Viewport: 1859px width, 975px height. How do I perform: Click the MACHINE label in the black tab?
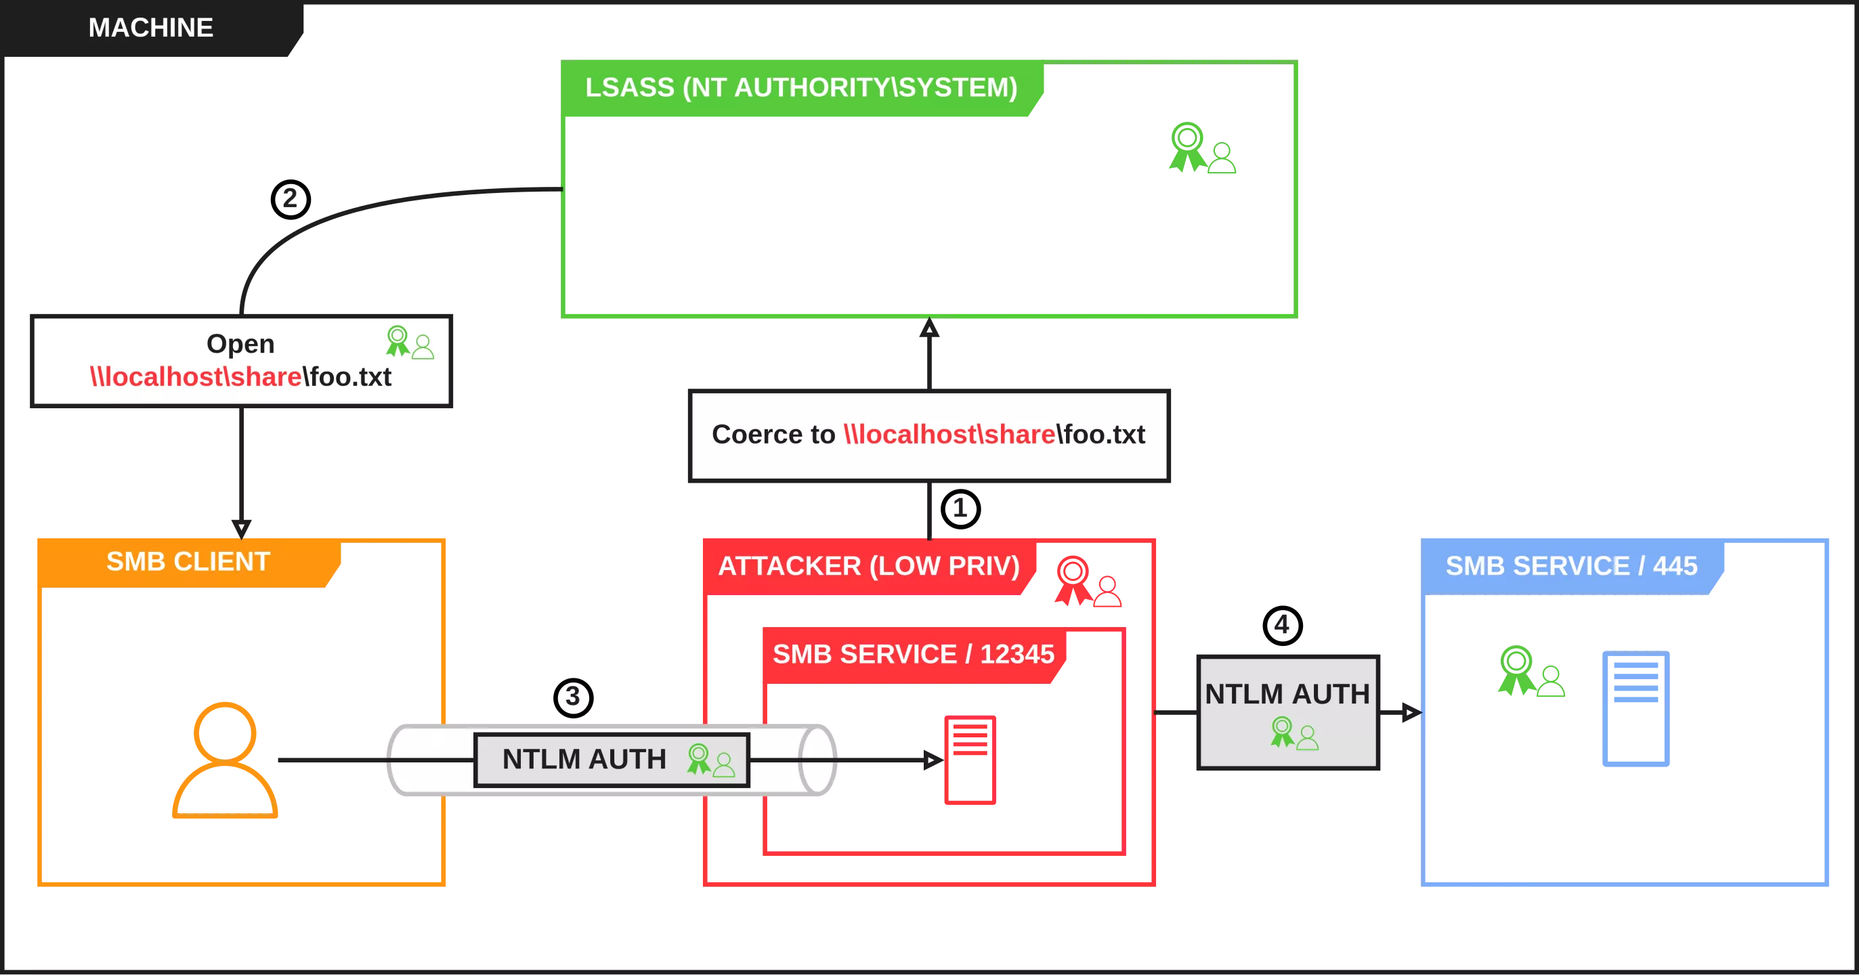[x=150, y=28]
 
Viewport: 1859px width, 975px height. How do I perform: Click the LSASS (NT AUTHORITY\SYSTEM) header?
[x=800, y=88]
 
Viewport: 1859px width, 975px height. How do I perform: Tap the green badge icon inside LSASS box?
[x=1201, y=149]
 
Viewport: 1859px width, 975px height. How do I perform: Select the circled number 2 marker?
[x=289, y=199]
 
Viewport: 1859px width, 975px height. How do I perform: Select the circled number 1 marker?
[x=960, y=508]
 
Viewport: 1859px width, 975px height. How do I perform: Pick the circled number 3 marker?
[x=573, y=697]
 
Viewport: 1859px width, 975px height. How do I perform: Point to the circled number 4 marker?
[x=1283, y=624]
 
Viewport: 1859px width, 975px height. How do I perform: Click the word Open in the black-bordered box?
[x=240, y=343]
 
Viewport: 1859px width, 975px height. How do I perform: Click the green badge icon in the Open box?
[x=409, y=342]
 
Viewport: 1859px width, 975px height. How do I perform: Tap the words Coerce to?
[x=773, y=435]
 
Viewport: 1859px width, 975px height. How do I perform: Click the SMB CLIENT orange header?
[x=188, y=562]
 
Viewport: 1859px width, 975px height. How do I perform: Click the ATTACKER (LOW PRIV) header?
[x=868, y=567]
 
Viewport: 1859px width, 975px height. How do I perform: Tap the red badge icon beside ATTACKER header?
[x=1087, y=581]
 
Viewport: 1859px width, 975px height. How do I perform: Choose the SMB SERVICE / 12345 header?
[x=913, y=655]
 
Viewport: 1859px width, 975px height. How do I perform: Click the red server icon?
[x=969, y=760]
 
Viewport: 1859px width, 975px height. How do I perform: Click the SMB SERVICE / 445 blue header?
[x=1571, y=567]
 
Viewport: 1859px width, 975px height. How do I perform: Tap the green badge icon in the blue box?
[x=1529, y=672]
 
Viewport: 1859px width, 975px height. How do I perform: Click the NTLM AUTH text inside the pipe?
[x=584, y=759]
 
